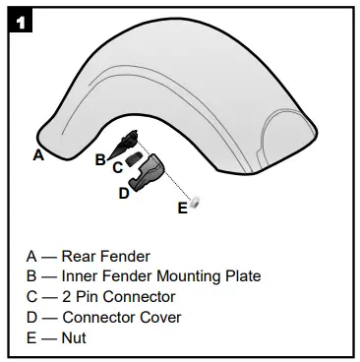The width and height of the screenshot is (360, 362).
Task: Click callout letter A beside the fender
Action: (x=38, y=154)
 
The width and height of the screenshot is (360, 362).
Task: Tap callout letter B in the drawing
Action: (x=99, y=157)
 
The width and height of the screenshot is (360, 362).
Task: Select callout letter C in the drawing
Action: (x=116, y=167)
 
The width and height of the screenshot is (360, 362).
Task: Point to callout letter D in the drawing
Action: (x=124, y=193)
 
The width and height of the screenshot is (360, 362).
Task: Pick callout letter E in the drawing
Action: (x=181, y=208)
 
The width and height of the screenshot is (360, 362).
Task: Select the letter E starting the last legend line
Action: (x=32, y=337)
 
